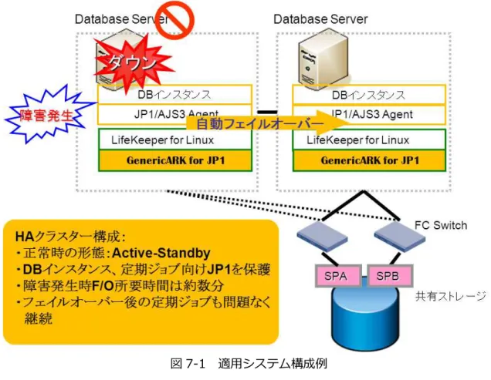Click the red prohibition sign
175,20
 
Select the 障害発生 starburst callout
47,115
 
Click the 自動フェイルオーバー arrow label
260,124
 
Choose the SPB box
390,276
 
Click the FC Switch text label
441,225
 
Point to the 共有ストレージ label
451,296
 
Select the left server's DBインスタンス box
174,95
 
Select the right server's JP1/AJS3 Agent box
369,115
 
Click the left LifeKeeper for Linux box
175,140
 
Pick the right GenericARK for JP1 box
369,160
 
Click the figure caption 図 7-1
188,364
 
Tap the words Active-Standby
161,253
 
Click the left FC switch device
322,237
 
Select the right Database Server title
320,19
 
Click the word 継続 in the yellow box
38,318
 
